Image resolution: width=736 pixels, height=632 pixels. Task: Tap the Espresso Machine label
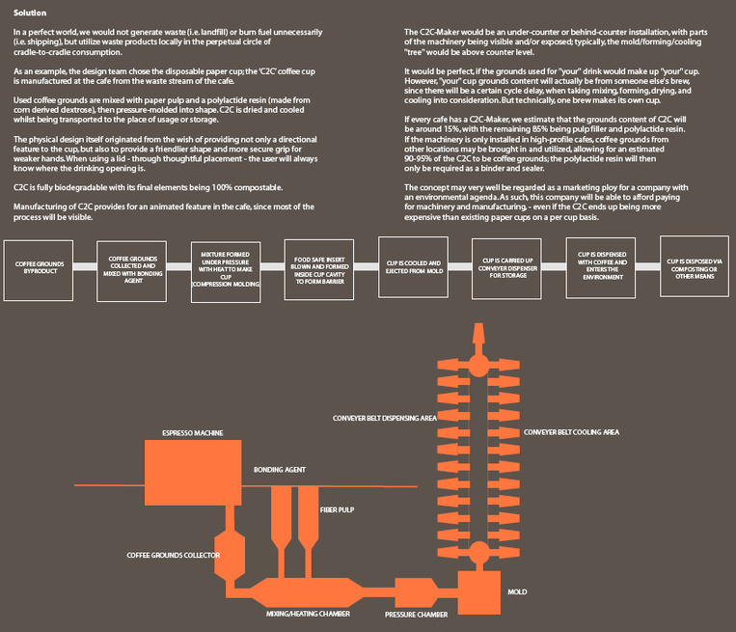point(193,433)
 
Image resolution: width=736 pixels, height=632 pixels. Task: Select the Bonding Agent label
point(280,469)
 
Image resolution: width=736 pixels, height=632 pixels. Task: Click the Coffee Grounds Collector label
point(174,556)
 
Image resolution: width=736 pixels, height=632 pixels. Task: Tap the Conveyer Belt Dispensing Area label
point(384,419)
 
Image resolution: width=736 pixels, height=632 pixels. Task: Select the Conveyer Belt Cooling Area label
point(573,433)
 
